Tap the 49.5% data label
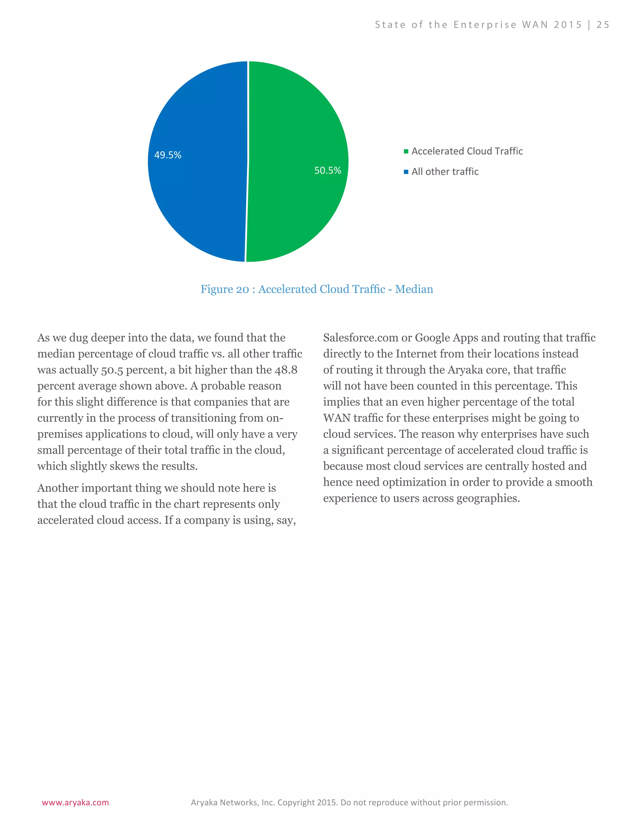(x=167, y=155)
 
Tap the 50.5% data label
(x=328, y=170)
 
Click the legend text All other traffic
(x=445, y=172)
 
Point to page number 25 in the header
(x=603, y=25)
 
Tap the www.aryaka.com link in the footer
(x=75, y=802)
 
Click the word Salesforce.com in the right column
(x=361, y=338)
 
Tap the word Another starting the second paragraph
(x=58, y=488)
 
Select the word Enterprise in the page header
(x=485, y=25)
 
